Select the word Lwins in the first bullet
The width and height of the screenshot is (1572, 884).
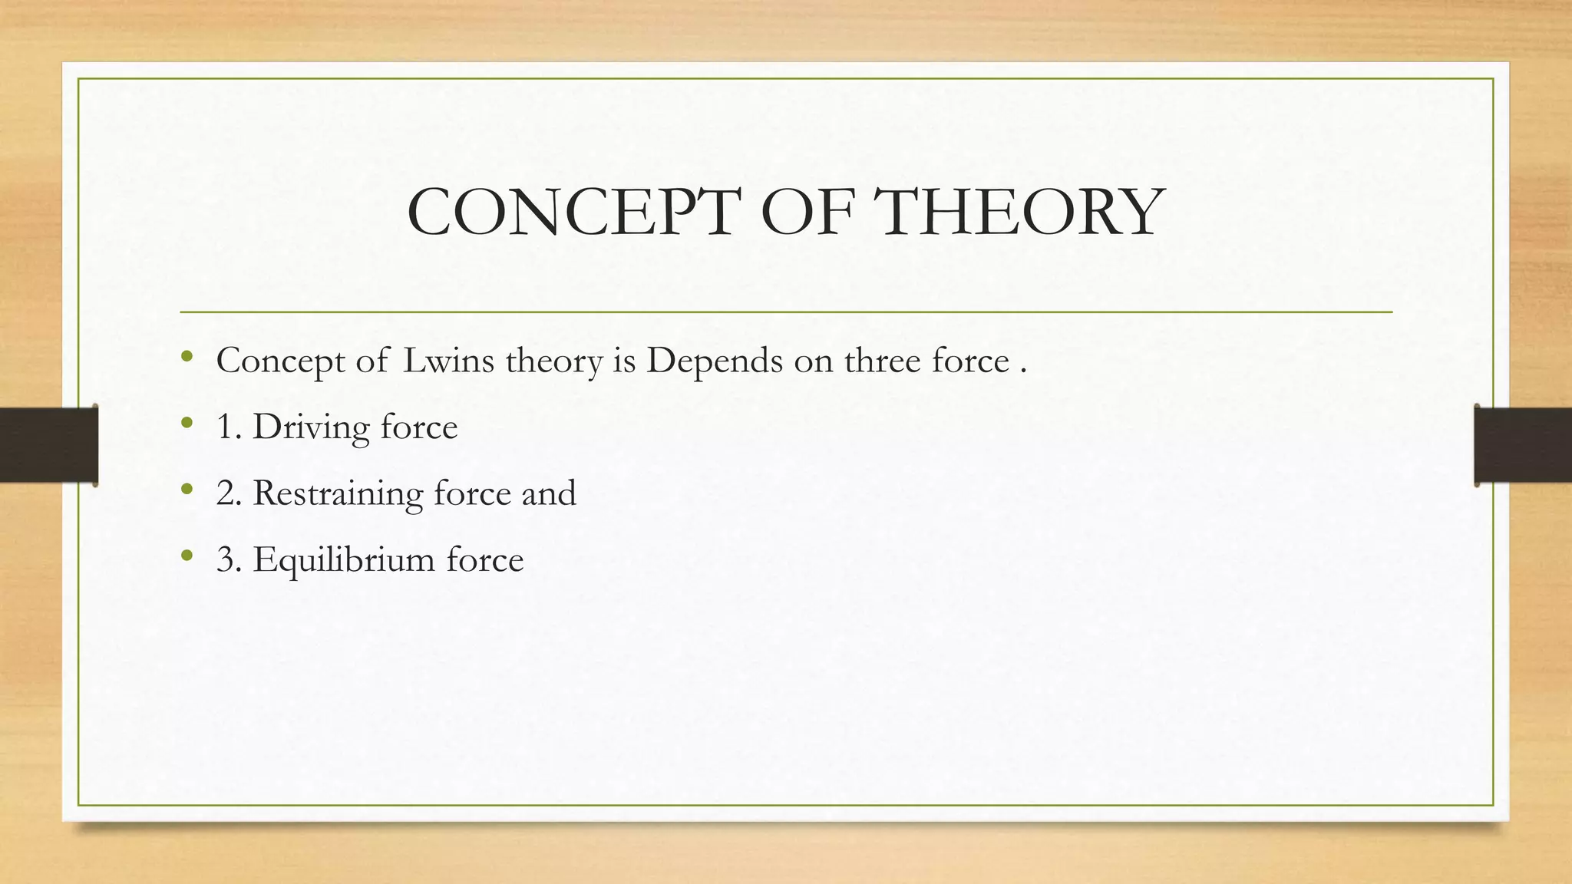point(449,361)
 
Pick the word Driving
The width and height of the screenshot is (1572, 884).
point(311,427)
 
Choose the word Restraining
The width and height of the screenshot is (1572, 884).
point(338,493)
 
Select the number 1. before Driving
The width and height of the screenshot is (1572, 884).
point(230,427)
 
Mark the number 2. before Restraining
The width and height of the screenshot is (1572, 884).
point(230,493)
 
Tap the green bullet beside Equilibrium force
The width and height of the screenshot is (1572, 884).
point(187,556)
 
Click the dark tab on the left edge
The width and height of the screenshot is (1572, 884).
point(48,445)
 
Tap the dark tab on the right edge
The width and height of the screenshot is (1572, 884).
point(1523,445)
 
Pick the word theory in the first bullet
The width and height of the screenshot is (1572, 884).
point(554,361)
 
